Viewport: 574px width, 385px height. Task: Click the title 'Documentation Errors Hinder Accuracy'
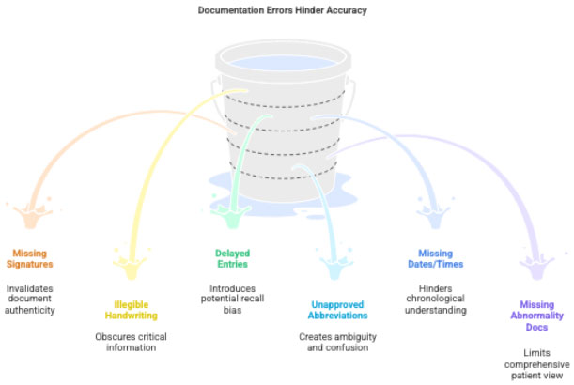(x=282, y=10)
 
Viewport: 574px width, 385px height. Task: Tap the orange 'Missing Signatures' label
(x=31, y=258)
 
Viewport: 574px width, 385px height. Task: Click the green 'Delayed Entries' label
(x=231, y=258)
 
